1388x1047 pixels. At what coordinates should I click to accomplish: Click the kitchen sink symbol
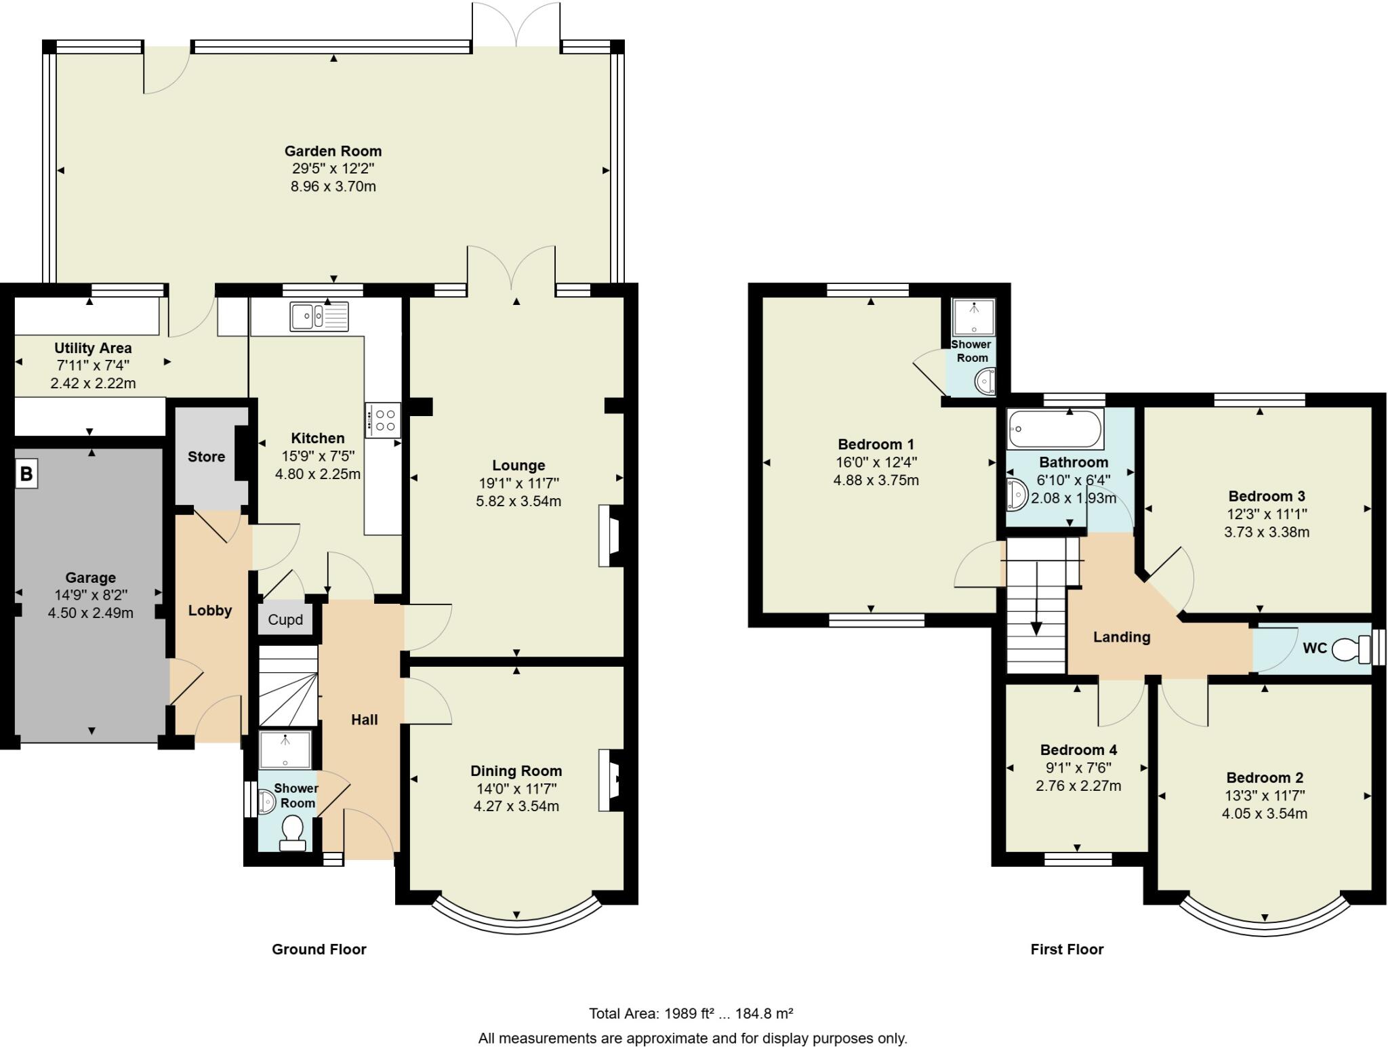point(319,316)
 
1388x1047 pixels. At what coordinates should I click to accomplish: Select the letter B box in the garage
point(26,473)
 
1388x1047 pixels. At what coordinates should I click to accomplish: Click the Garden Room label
point(333,151)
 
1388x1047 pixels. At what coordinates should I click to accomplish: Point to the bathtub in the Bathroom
point(1055,428)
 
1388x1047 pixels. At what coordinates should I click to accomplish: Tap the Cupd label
point(285,620)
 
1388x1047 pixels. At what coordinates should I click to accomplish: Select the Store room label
point(206,457)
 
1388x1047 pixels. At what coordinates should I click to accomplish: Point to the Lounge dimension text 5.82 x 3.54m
point(518,501)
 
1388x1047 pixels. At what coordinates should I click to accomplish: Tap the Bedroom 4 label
point(1078,750)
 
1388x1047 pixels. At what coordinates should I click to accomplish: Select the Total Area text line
point(691,1014)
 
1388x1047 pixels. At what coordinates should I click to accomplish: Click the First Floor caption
point(1067,949)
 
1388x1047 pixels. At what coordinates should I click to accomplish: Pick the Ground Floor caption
point(319,949)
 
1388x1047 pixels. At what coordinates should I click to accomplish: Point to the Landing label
point(1122,637)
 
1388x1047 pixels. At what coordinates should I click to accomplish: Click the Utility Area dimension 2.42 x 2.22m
point(93,384)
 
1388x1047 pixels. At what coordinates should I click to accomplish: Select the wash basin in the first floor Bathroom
point(1016,494)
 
